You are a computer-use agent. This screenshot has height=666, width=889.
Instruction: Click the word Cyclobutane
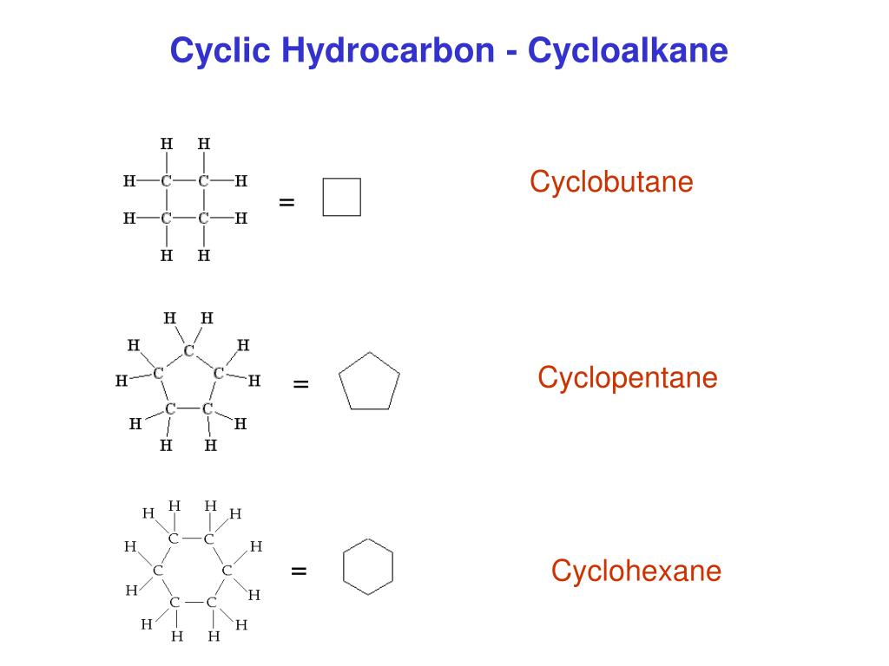tap(611, 183)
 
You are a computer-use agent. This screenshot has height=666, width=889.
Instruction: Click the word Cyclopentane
tap(627, 378)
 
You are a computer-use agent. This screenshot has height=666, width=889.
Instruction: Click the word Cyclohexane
tap(636, 571)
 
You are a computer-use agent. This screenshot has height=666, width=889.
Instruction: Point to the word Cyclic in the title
tap(220, 51)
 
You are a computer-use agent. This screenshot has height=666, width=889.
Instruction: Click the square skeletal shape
tap(341, 197)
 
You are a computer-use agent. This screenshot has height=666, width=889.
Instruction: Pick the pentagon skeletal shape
tap(369, 381)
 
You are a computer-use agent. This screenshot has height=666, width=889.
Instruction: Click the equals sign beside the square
tap(287, 202)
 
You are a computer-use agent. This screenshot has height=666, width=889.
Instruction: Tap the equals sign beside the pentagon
tap(301, 383)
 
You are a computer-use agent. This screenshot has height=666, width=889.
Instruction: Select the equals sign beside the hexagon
tap(300, 571)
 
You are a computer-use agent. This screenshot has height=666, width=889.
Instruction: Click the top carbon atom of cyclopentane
tap(188, 351)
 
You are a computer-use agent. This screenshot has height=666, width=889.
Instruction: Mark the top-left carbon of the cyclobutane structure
tap(166, 182)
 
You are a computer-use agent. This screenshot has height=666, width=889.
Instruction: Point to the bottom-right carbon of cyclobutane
tap(203, 219)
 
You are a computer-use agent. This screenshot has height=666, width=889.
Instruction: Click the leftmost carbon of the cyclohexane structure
tap(158, 570)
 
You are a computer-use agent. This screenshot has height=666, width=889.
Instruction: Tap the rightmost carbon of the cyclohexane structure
tap(227, 570)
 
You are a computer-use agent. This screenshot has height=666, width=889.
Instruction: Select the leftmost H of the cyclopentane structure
tap(121, 380)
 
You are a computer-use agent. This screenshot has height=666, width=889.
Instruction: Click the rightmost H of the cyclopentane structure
tap(254, 380)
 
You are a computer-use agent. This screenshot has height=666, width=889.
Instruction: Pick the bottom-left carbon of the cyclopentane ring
tap(170, 408)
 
